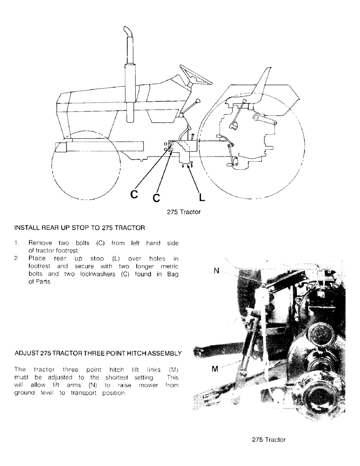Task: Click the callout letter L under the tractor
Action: click(x=201, y=198)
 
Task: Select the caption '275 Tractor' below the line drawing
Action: click(x=184, y=212)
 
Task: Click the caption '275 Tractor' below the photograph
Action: click(x=269, y=439)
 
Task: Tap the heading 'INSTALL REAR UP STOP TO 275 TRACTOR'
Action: click(x=80, y=228)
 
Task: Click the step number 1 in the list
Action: click(x=17, y=243)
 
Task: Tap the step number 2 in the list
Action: click(x=17, y=257)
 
